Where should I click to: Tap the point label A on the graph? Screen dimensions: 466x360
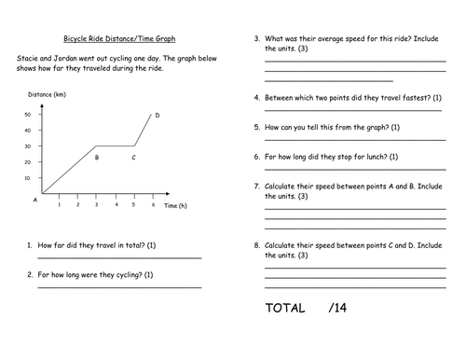34,200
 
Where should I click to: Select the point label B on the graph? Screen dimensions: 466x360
97,158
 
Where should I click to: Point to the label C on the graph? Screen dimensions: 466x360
134,158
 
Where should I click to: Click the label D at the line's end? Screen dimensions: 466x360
158,115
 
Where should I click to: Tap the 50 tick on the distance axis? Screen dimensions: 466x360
28,114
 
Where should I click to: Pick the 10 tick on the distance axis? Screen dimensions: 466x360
28,177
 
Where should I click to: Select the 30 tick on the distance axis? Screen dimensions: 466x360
28,145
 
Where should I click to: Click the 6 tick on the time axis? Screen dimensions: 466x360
153,205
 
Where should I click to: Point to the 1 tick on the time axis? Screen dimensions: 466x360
60,205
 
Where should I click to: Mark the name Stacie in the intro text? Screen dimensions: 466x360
28,58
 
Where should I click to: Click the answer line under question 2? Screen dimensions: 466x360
118,287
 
